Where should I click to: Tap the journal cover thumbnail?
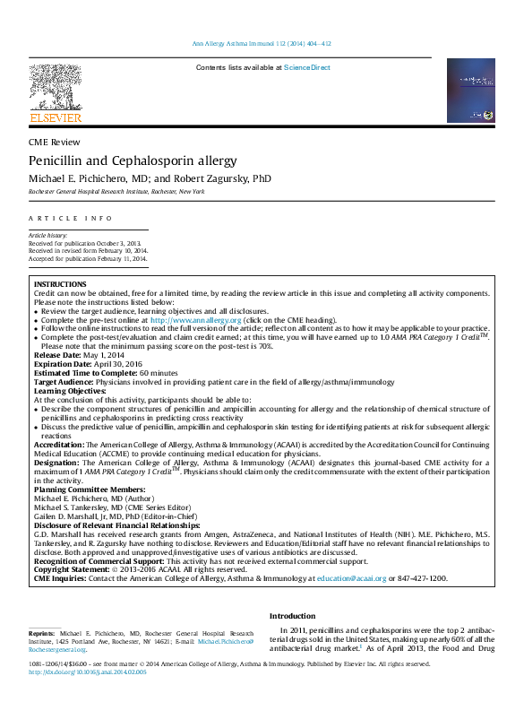[x=470, y=91]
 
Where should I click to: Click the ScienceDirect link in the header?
[x=306, y=68]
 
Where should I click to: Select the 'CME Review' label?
[x=55, y=142]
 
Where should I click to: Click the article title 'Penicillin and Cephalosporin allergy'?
[x=133, y=161]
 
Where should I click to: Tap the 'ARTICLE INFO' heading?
[x=71, y=219]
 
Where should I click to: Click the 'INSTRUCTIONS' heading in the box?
[x=60, y=284]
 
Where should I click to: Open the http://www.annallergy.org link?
[x=196, y=320]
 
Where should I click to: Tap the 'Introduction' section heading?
[x=292, y=617]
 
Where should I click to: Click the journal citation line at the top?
[x=262, y=44]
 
